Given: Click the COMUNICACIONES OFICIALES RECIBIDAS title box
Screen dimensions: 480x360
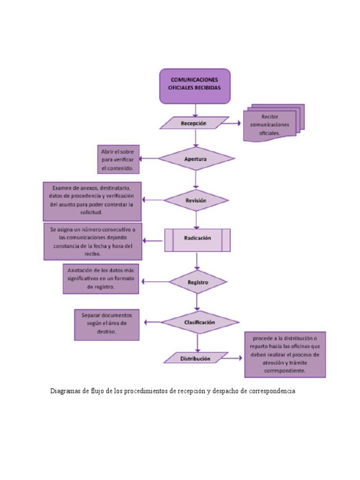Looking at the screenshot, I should pyautogui.click(x=195, y=86).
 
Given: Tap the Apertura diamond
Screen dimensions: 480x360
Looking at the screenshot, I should pyautogui.click(x=196, y=159).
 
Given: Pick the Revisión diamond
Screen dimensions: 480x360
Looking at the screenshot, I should pyautogui.click(x=196, y=200).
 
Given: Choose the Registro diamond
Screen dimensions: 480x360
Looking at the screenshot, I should pyautogui.click(x=198, y=282).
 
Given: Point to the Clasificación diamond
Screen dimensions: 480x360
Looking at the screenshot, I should pyautogui.click(x=200, y=322).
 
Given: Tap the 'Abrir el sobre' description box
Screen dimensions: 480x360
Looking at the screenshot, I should pyautogui.click(x=117, y=159).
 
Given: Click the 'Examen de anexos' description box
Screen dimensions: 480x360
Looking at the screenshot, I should pyautogui.click(x=92, y=201).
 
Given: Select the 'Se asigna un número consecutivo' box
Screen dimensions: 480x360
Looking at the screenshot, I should pyautogui.click(x=93, y=241).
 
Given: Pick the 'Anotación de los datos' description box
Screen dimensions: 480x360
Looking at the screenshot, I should pyautogui.click(x=101, y=278).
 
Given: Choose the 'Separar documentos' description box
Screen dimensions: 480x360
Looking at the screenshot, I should pyautogui.click(x=106, y=324).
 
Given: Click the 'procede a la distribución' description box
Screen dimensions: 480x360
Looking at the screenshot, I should pyautogui.click(x=285, y=354).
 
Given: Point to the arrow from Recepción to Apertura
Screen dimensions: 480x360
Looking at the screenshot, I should pyautogui.click(x=196, y=138).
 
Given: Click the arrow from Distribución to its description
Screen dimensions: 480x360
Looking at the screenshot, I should pyautogui.click(x=234, y=358).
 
